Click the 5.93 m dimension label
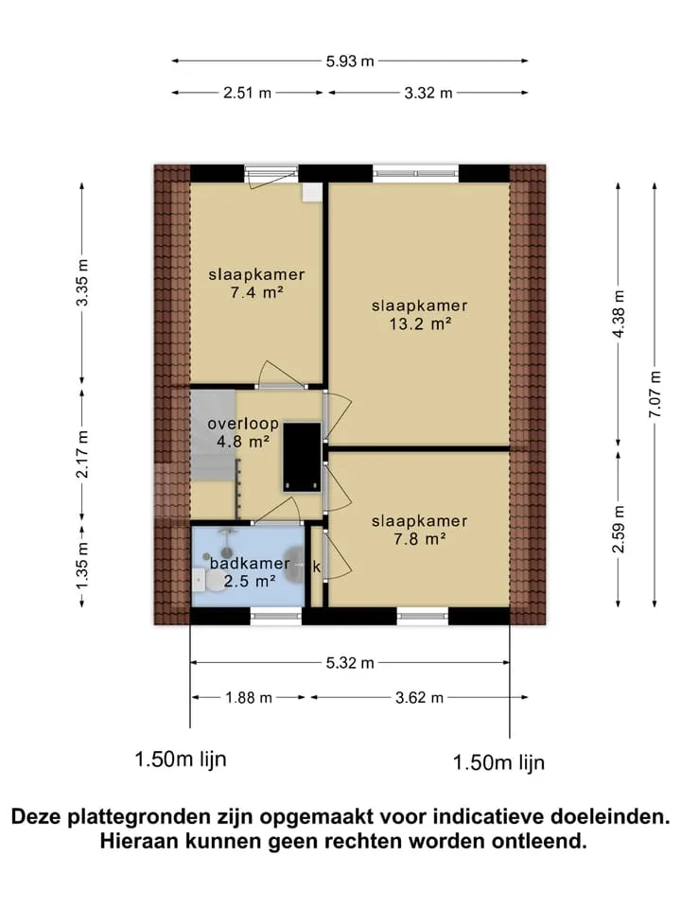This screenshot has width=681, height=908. pos(350,61)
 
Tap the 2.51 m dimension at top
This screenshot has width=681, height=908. pos(247,93)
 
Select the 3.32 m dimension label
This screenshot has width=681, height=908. pos(428,93)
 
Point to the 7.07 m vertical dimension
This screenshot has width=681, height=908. pos(655,393)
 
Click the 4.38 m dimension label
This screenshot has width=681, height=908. pos(619,314)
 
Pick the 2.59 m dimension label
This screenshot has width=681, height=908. pos(619,529)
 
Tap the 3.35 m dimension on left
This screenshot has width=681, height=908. pos(83,282)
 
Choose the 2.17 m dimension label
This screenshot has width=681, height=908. pos(83,454)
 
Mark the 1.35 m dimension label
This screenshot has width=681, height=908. pos(83,566)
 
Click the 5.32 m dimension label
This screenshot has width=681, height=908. pos(350,663)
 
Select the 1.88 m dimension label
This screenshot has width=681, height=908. pos(249,697)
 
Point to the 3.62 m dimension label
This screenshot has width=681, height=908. pos(419,697)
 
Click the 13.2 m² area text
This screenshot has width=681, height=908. pos(420,323)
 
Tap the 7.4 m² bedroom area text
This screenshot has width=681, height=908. pos(256,292)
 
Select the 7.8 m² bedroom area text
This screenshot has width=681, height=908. pos(420,539)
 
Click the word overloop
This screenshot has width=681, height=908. pos(243,424)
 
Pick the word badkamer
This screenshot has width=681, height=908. pos(250,563)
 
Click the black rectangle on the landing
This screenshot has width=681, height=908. pos(302,458)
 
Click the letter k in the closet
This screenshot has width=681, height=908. pos(317,567)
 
